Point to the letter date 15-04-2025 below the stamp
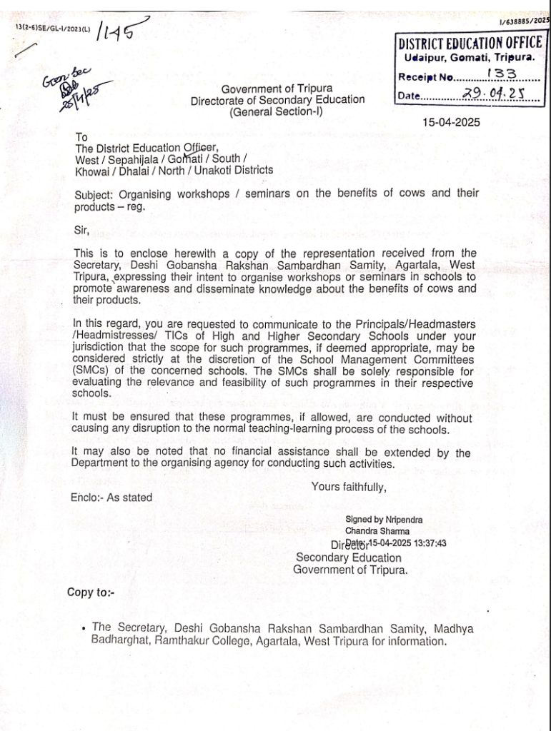(x=451, y=122)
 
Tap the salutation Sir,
(x=83, y=229)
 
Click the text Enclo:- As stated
(x=111, y=498)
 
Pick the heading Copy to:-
(x=91, y=592)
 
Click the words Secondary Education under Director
(x=349, y=558)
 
